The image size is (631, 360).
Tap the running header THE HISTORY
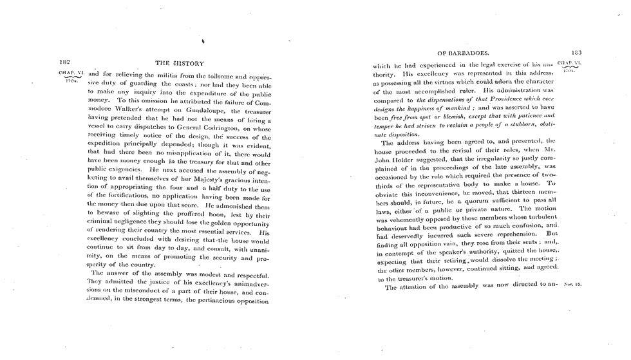pos(180,64)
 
